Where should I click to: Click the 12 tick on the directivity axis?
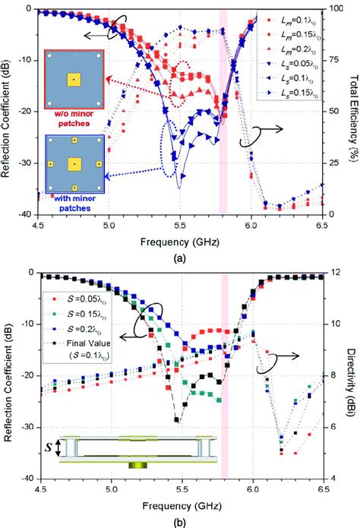tap(333, 273)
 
